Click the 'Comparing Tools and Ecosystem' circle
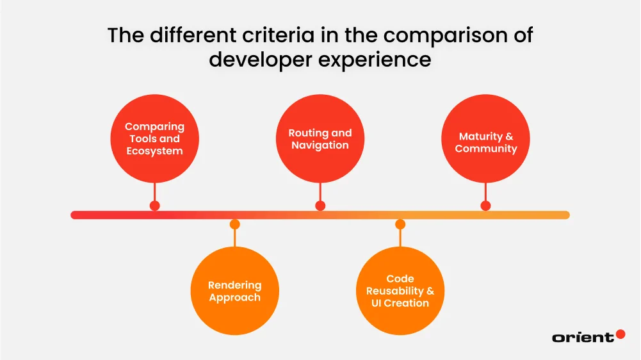coord(154,139)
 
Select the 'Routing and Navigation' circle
coord(320,139)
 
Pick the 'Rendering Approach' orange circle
coord(235,291)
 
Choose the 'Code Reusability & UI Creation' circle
coord(400,291)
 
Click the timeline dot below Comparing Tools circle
coord(154,206)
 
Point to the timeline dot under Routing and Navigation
coord(320,206)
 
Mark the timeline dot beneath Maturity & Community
coord(485,206)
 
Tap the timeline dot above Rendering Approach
coord(235,224)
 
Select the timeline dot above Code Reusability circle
coord(400,224)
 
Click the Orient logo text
coord(582,337)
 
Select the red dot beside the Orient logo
coord(620,334)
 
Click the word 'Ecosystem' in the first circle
coord(154,151)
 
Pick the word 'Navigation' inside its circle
coord(320,145)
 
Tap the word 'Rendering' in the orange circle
coord(235,285)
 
